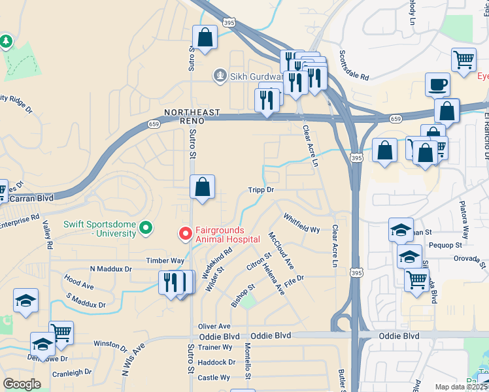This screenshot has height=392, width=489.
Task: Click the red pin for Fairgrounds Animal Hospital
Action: (x=186, y=233)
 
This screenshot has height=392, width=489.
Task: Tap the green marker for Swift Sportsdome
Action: (x=146, y=228)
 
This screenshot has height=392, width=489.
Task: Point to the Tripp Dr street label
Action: (x=260, y=189)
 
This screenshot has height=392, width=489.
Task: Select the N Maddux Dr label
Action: (x=110, y=269)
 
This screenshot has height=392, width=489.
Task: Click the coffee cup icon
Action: (x=437, y=84)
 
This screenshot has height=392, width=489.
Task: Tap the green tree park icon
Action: (x=7, y=42)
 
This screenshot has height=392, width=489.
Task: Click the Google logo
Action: (x=22, y=384)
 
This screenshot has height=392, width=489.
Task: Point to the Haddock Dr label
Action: (x=216, y=362)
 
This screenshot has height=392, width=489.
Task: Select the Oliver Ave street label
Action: (x=214, y=326)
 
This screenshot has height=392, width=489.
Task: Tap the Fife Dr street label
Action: (x=295, y=279)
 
